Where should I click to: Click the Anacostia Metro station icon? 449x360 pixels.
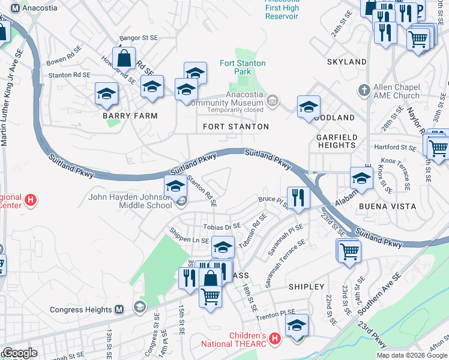[x=15, y=8]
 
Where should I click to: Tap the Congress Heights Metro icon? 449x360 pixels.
[x=119, y=310]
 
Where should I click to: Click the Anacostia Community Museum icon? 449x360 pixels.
[x=273, y=99]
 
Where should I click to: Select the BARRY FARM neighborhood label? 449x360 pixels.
[x=130, y=116]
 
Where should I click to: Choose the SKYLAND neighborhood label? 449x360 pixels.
[x=346, y=62]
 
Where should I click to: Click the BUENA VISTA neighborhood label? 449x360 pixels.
[x=387, y=206]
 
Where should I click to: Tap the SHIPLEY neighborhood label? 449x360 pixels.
[x=306, y=287]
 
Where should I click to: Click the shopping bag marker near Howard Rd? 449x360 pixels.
[x=124, y=58]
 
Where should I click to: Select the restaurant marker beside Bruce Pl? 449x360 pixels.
[x=298, y=196]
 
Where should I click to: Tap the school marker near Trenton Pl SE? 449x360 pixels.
[x=297, y=325]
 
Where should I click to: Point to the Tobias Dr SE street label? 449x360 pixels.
[x=222, y=226]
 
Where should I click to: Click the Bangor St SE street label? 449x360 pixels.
[x=138, y=37]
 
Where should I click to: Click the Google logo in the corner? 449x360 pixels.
[x=19, y=353]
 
